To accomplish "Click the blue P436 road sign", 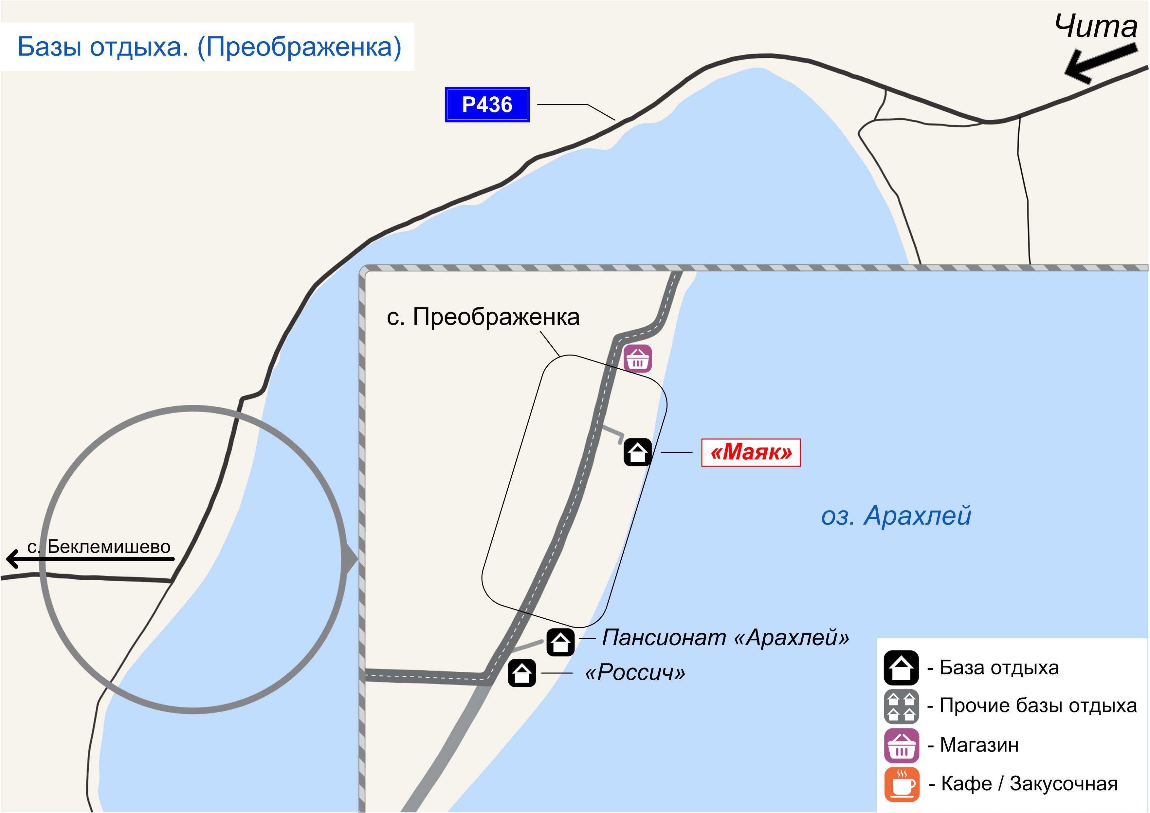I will pos(487,105).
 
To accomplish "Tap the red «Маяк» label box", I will pos(750,453).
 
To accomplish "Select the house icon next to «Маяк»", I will pos(637,452).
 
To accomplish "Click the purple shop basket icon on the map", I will pos(638,359).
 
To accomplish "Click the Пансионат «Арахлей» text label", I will pos(725,638).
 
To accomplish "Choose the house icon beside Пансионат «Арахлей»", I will pos(560,642).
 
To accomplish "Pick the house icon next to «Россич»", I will pos(522,673).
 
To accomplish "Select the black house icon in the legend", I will pos(901,668).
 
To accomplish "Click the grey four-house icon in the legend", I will pos(901,706).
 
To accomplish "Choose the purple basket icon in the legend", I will pos(901,745).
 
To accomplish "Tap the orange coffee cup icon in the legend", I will pos(901,784).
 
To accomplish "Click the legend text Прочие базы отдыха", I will pos(1038,706).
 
